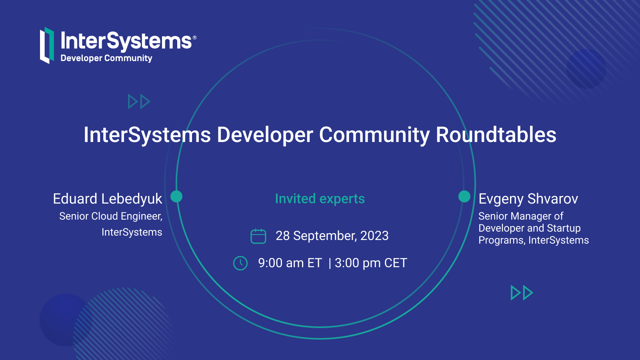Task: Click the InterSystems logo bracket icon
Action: pos(47,46)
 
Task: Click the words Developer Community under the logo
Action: pos(106,58)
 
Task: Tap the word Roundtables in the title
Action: pos(496,134)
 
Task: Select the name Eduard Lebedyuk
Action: pos(108,199)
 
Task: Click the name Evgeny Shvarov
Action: pos(528,199)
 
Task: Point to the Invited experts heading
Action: pos(320,198)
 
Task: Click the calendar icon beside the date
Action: pos(258,236)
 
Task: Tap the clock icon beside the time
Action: pos(240,263)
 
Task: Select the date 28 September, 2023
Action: pos(332,236)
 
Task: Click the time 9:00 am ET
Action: pos(290,263)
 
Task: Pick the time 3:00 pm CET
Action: pos(371,263)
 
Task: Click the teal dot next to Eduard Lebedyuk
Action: pos(176,196)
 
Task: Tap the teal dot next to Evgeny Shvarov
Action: pos(464,196)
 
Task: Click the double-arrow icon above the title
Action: pos(139,102)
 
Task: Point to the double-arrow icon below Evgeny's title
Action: pos(522,292)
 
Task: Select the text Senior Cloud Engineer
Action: pos(111,216)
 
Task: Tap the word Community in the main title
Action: pos(374,135)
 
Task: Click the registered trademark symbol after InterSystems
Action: pos(194,38)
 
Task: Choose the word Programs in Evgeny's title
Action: pos(502,240)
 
